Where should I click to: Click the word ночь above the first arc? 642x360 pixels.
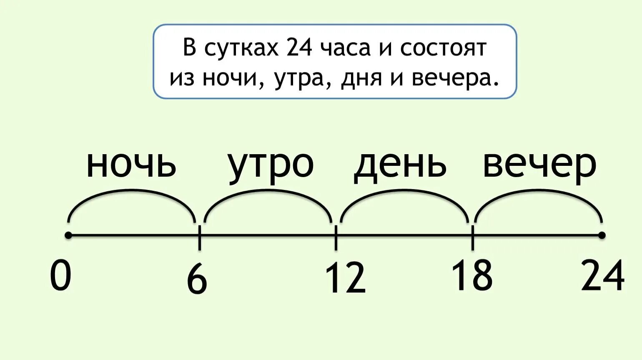click(131, 165)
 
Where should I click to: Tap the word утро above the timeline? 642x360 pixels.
click(271, 165)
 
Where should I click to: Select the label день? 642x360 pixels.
click(400, 165)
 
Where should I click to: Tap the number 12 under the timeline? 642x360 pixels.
click(345, 278)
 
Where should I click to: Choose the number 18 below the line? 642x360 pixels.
click(472, 275)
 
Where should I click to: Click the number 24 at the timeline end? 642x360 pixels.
click(603, 275)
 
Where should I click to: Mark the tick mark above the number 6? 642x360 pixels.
click(199, 237)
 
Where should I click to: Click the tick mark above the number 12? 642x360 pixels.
click(336, 237)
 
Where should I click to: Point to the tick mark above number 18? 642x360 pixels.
click(472, 237)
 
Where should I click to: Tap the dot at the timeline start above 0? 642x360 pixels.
click(68, 236)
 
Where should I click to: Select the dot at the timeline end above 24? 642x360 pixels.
click(602, 236)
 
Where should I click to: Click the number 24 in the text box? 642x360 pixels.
click(299, 47)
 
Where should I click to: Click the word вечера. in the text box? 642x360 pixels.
click(455, 78)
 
